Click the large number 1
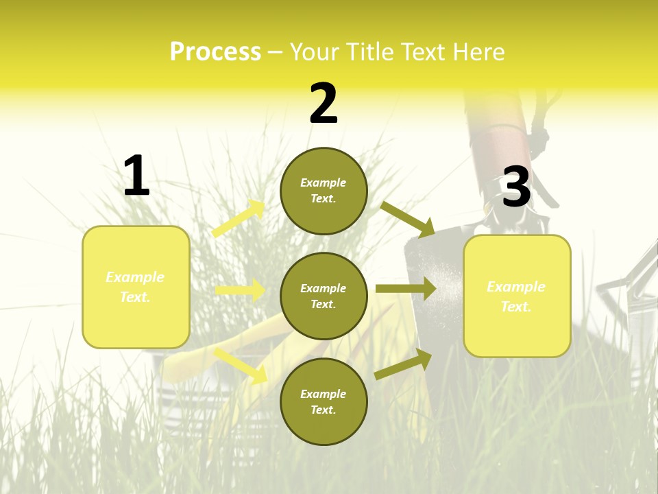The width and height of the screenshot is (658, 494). point(136,176)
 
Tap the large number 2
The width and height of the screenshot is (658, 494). point(324,104)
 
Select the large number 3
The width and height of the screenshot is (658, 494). point(516,187)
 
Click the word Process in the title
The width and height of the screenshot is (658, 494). point(215,51)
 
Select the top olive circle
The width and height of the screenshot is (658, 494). point(324,191)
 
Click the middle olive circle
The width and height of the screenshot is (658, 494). point(324,296)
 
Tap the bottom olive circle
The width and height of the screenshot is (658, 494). point(324,401)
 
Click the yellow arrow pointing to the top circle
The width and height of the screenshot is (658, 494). point(239,219)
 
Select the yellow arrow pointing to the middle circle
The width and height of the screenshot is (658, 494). point(241,290)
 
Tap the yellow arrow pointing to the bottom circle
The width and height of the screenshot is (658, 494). point(241,366)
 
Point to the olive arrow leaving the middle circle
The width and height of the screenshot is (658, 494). point(406,288)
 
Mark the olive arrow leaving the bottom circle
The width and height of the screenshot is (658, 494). point(403,364)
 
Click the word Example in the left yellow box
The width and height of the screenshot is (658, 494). point(135,277)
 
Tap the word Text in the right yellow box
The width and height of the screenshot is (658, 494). point(515,307)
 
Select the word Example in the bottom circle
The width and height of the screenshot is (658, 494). point(324,394)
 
